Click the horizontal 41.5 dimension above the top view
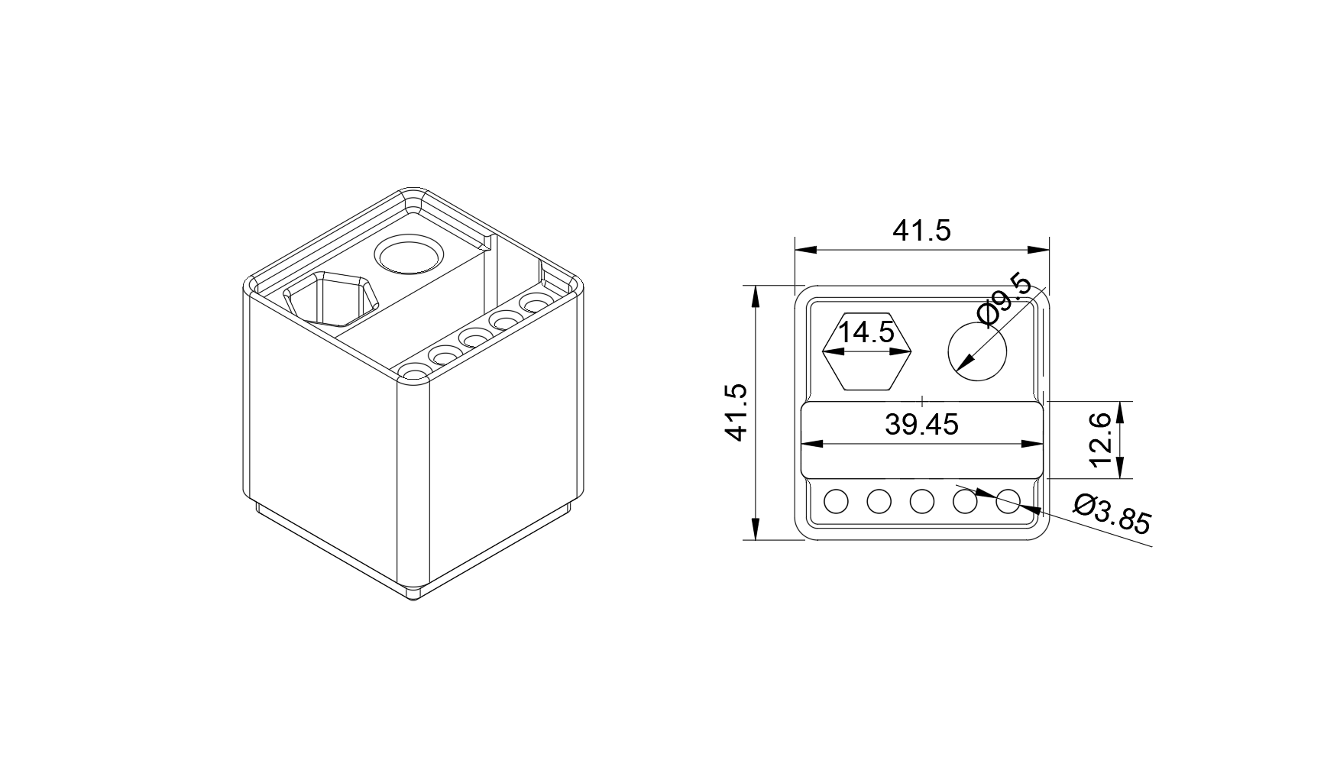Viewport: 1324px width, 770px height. click(921, 229)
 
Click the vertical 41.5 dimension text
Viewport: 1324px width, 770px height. click(736, 412)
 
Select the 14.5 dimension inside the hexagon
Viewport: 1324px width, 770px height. click(866, 333)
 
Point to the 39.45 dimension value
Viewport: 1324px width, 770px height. click(921, 424)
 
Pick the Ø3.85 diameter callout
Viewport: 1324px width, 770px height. click(1111, 514)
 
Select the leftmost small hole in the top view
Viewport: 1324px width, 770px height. click(837, 501)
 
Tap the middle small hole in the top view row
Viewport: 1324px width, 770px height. click(922, 501)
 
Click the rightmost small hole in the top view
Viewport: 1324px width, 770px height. click(1008, 501)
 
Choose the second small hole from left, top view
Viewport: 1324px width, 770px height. click(879, 501)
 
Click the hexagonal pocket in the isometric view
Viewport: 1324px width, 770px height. click(332, 298)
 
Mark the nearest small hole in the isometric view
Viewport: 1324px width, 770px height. click(414, 372)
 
